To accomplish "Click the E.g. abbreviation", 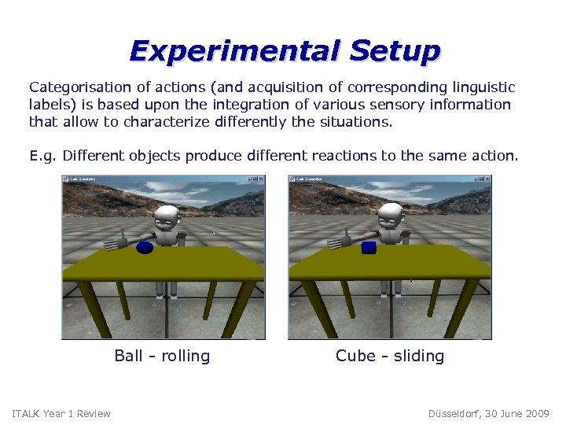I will [43, 156].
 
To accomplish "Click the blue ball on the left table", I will [145, 247].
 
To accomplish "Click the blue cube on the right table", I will [369, 247].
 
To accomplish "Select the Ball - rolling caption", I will [162, 356].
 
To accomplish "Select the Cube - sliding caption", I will [390, 356].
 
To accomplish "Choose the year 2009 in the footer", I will [538, 414].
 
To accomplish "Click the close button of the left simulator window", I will [262, 179].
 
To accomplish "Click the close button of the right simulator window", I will [487, 179].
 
